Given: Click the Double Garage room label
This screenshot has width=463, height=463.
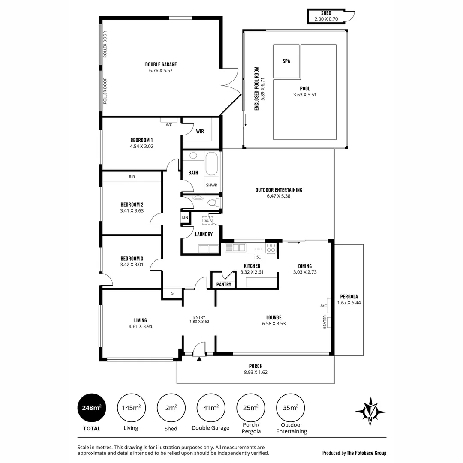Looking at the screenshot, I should (x=161, y=64).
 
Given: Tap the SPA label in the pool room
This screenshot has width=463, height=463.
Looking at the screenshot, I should (x=286, y=61).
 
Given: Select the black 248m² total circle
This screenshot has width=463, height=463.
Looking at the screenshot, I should (x=92, y=408).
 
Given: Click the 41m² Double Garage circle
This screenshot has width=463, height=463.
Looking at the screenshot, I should (x=210, y=408).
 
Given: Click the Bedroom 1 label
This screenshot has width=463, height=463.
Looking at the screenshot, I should (x=141, y=140).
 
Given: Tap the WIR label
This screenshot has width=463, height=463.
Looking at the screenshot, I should (x=200, y=131).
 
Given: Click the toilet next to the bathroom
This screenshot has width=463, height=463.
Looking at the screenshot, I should (x=211, y=202).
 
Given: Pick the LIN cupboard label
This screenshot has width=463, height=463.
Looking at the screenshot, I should (x=185, y=218).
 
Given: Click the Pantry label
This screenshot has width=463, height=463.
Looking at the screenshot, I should (x=224, y=284).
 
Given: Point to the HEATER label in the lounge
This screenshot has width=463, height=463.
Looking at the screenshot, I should (x=325, y=322).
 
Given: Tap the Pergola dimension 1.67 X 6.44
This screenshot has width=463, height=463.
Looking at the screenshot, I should (x=349, y=303).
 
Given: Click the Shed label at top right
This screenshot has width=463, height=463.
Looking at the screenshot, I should (x=326, y=13).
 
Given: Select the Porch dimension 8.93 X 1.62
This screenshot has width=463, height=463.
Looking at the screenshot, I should (x=256, y=373).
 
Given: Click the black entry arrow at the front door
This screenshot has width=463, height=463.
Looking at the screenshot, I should (x=199, y=359).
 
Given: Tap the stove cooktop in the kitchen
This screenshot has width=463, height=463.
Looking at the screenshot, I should (x=271, y=248).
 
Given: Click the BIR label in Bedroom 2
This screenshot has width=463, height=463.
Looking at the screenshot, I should (x=132, y=177).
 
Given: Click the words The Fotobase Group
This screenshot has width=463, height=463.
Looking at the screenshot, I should (x=366, y=453).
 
